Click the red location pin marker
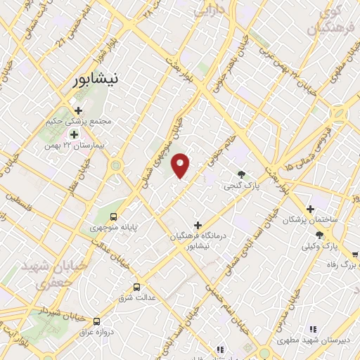pos(181,165)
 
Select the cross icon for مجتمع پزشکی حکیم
pos(77,110)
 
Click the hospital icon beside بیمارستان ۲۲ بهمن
pos(73,134)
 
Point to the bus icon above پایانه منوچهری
pos(113,217)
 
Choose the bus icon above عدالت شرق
pos(136,287)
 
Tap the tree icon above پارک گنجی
pos(242,175)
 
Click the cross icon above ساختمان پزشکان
pos(309,209)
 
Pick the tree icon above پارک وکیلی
pos(320,236)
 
